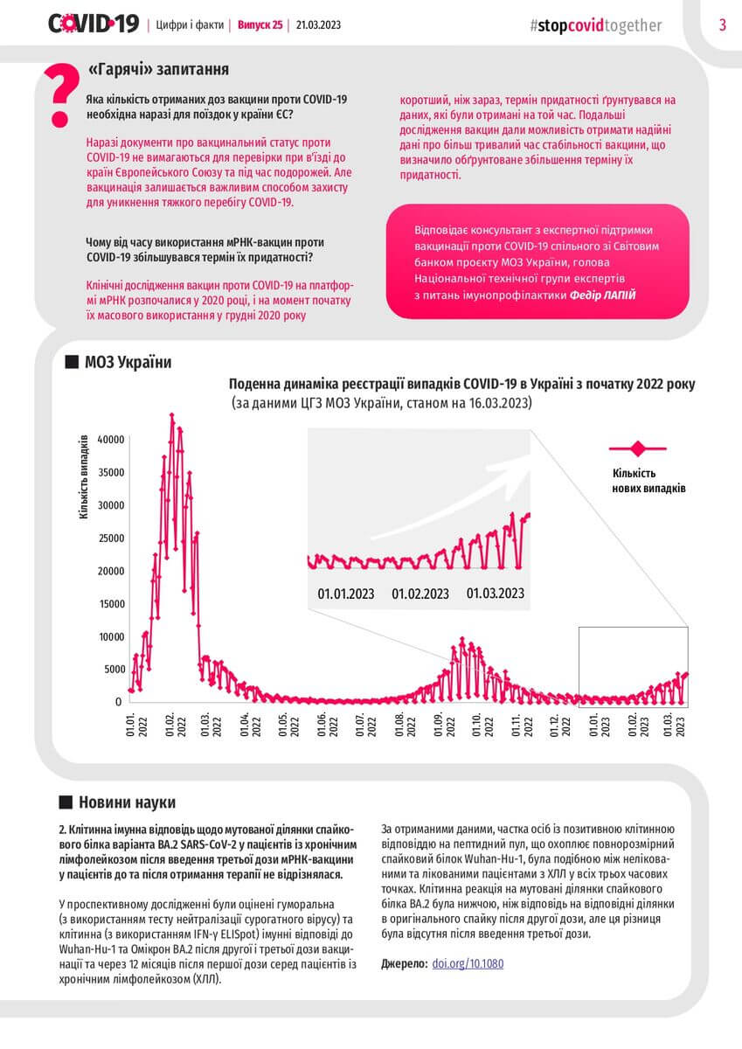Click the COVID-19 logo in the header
pyautogui.click(x=93, y=24)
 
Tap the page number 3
pyautogui.click(x=723, y=24)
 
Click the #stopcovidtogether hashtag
pyautogui.click(x=595, y=25)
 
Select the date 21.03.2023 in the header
pyautogui.click(x=319, y=24)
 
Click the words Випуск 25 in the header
pyautogui.click(x=260, y=24)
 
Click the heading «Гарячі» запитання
pyautogui.click(x=159, y=69)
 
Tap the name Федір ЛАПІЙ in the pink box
pyautogui.click(x=603, y=295)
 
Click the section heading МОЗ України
pyautogui.click(x=128, y=363)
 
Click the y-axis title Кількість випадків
pyautogui.click(x=84, y=476)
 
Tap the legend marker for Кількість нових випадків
pyautogui.click(x=637, y=448)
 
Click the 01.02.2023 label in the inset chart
pyautogui.click(x=420, y=594)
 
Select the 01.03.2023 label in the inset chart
pyautogui.click(x=495, y=593)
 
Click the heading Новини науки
pyautogui.click(x=127, y=802)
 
